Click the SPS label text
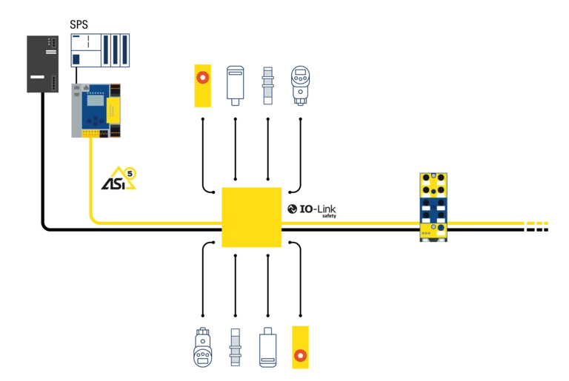[79, 24]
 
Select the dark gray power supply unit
[42, 64]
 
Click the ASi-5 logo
[119, 178]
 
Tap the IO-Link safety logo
[312, 210]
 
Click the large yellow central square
[251, 218]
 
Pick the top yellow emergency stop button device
[202, 86]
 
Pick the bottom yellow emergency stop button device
[301, 347]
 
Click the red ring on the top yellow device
[202, 77]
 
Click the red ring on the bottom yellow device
[301, 356]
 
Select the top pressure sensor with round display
[301, 86]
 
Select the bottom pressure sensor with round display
[203, 347]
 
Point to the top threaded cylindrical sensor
[267, 86]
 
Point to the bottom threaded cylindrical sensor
[235, 347]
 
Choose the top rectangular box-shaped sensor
[235, 86]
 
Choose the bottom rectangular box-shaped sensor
[267, 347]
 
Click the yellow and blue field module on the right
[433, 207]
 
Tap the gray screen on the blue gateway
[96, 101]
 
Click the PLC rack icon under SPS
[100, 50]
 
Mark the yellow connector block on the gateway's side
[113, 110]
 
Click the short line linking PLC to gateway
[76, 75]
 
